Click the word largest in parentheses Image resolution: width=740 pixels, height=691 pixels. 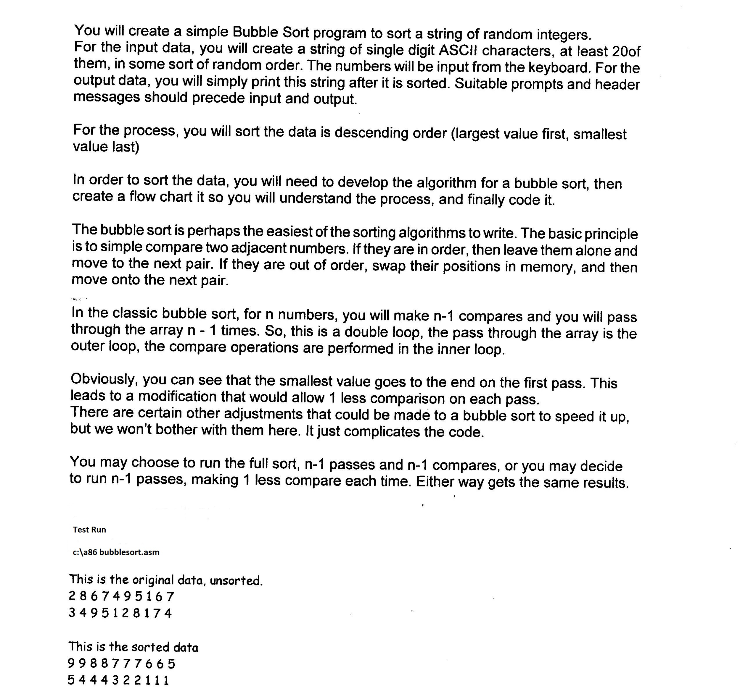[475, 134]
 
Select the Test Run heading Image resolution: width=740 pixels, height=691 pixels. [89, 530]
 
